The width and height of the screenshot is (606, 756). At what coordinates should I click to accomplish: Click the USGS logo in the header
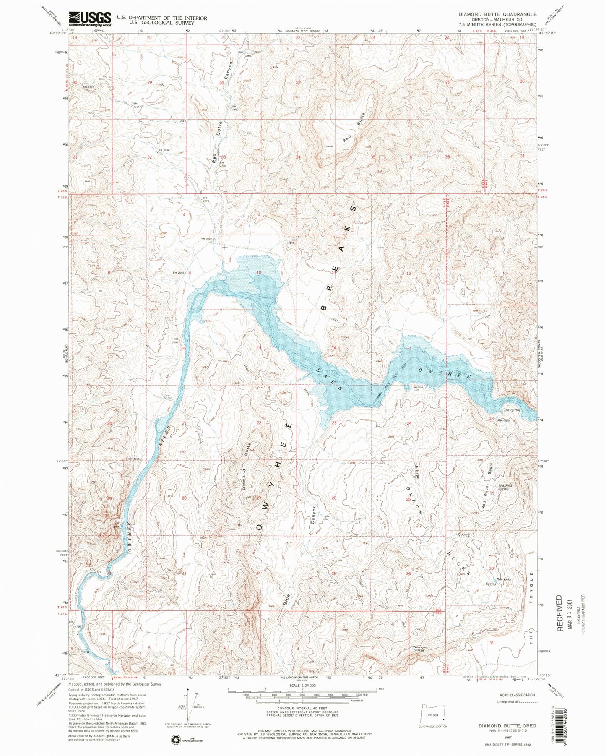coord(90,19)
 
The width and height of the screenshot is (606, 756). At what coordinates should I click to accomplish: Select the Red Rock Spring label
coord(503,487)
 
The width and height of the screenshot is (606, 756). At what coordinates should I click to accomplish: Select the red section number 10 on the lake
coord(259,273)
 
